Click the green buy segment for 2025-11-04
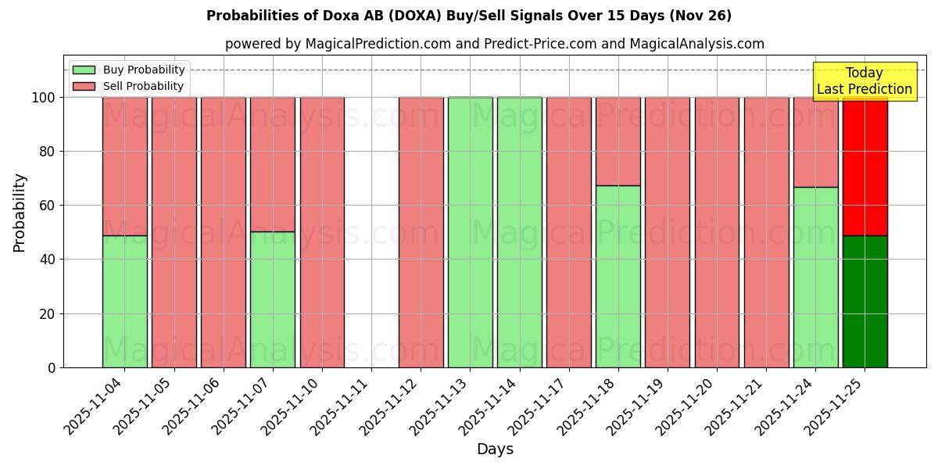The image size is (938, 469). pyautogui.click(x=124, y=301)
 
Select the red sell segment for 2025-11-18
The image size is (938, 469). pyautogui.click(x=618, y=141)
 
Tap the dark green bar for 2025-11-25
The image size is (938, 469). pyautogui.click(x=865, y=301)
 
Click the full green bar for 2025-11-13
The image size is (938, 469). pyautogui.click(x=470, y=232)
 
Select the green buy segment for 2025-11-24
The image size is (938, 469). pyautogui.click(x=815, y=277)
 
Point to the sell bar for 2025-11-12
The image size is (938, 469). pyautogui.click(x=421, y=232)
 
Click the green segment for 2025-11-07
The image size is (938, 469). pyautogui.click(x=273, y=299)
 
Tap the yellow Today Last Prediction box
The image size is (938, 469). pyautogui.click(x=864, y=81)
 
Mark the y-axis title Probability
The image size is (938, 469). pyautogui.click(x=20, y=213)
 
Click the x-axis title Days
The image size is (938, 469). pyautogui.click(x=495, y=449)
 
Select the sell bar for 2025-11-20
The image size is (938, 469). pyautogui.click(x=717, y=232)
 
